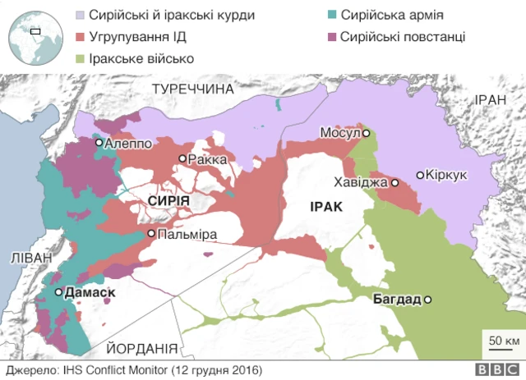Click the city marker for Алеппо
99,143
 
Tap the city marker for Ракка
183,158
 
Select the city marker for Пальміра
151,234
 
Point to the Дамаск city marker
58,292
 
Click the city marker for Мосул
366,133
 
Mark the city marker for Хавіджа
395,182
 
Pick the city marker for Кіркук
420,175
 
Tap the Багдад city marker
427,299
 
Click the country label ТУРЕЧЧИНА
193,88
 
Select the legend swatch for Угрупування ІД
81,38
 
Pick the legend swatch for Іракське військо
81,59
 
